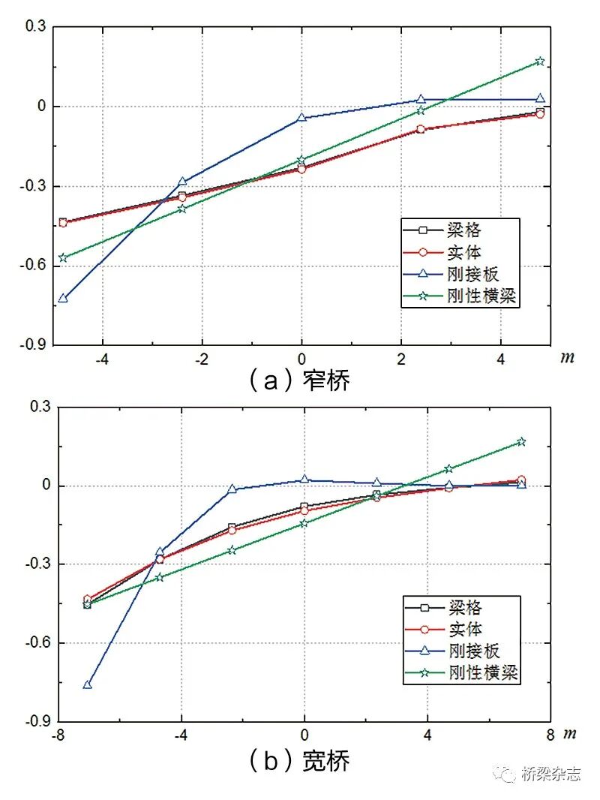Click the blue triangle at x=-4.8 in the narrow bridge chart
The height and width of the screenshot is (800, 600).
[63, 298]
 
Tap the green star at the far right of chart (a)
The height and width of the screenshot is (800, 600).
[540, 62]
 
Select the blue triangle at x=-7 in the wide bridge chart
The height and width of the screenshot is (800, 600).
[88, 684]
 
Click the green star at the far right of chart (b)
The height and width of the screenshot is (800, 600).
[521, 442]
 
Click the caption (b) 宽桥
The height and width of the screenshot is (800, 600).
[299, 761]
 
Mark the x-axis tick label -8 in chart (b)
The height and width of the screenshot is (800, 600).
[57, 735]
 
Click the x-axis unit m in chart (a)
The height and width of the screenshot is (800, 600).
[568, 357]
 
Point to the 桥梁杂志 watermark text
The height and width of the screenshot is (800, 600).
[550, 774]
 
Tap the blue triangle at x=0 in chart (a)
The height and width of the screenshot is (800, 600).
[301, 118]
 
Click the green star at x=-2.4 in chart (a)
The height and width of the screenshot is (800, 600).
[182, 209]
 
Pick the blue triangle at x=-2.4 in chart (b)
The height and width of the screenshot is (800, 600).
[232, 489]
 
